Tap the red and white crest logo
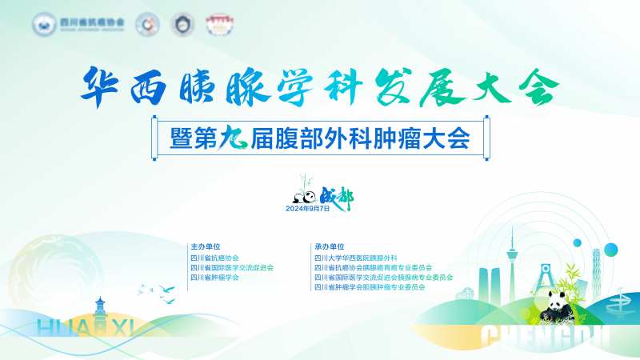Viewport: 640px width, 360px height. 217,23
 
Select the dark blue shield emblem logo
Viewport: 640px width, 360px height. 184,23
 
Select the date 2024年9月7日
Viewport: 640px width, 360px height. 308,208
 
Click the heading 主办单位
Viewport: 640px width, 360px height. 205,246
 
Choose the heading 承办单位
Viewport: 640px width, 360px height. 330,246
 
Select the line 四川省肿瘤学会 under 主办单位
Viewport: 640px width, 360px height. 214,277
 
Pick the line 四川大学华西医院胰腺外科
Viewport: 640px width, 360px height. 356,258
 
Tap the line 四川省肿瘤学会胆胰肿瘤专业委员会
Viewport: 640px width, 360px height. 370,286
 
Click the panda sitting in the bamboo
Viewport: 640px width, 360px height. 558,305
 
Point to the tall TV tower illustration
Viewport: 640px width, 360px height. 510,264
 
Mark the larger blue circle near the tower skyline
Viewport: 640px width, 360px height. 577,242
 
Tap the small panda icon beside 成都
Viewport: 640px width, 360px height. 303,196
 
